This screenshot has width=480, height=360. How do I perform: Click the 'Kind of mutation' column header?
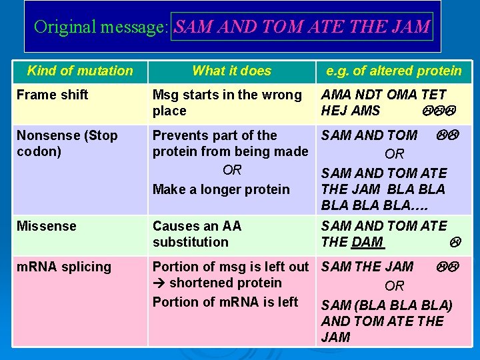click(80, 71)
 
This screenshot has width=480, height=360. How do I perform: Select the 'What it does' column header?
click(231, 71)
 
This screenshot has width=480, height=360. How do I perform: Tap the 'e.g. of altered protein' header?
click(393, 71)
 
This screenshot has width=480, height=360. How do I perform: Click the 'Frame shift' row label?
click(52, 95)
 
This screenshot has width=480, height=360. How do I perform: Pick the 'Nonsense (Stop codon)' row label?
click(67, 143)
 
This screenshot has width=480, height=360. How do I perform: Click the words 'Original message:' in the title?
click(102, 27)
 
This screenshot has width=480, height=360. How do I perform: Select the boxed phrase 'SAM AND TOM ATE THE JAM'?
click(302, 27)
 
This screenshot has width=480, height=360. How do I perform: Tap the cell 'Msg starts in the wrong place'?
click(227, 103)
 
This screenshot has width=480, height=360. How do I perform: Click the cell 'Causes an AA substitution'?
click(197, 234)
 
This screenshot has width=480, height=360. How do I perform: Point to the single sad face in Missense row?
click(457, 243)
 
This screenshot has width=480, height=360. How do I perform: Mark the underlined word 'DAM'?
click(369, 242)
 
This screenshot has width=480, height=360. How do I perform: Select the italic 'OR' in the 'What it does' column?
click(232, 170)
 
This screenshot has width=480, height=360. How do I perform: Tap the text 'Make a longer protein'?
click(221, 189)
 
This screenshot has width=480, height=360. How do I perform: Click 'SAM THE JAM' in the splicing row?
click(367, 267)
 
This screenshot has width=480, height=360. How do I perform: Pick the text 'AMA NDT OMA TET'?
click(383, 95)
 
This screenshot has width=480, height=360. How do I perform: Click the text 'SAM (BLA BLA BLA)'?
click(387, 305)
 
